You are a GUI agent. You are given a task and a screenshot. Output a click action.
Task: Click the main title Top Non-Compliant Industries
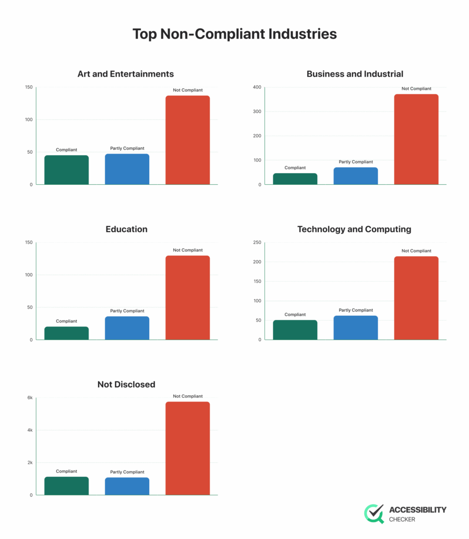[x=234, y=34]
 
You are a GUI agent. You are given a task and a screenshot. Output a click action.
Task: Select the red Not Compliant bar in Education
[x=188, y=297]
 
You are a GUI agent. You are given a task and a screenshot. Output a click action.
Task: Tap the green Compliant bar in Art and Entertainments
[x=66, y=169]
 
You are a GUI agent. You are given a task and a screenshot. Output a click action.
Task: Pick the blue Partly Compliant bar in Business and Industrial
[x=356, y=176]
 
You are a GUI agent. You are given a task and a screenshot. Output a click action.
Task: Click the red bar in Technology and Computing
[x=416, y=298]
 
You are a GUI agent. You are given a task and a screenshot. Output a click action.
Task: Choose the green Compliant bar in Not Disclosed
[x=66, y=486]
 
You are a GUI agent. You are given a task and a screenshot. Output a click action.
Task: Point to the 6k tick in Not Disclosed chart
[x=30, y=397]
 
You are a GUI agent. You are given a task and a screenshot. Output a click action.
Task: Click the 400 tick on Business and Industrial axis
[x=257, y=87]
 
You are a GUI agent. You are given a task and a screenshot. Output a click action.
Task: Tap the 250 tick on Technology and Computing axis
[x=257, y=242]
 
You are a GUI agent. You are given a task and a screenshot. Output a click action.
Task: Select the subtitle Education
[x=126, y=229]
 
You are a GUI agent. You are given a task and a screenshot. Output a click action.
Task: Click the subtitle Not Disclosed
[x=126, y=384]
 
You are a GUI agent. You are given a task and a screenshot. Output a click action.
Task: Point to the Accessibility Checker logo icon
[x=374, y=514]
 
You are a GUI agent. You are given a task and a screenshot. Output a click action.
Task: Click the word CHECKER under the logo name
[x=402, y=520]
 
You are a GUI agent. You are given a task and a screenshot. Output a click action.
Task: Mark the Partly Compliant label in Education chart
[x=127, y=311]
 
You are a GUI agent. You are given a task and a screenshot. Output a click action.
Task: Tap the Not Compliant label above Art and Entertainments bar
[x=188, y=90]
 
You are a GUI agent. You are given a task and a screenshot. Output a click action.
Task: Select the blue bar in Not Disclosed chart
[x=127, y=486]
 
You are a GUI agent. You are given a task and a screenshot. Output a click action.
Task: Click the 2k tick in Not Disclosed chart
[x=30, y=463]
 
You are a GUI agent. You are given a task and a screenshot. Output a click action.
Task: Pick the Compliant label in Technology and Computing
[x=295, y=314]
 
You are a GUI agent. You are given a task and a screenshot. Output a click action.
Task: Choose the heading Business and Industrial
[x=355, y=74]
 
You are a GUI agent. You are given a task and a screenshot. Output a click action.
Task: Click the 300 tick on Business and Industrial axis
[x=257, y=111]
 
